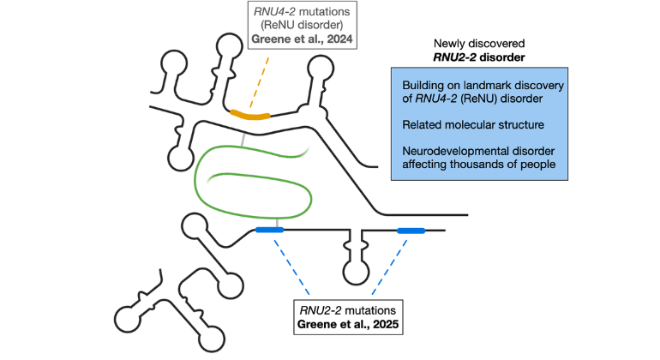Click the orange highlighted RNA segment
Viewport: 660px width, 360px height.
(x=250, y=114)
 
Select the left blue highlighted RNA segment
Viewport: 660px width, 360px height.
(x=270, y=230)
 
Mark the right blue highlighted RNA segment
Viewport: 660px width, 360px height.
(x=411, y=230)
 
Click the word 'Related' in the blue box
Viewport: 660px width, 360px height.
(x=422, y=125)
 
